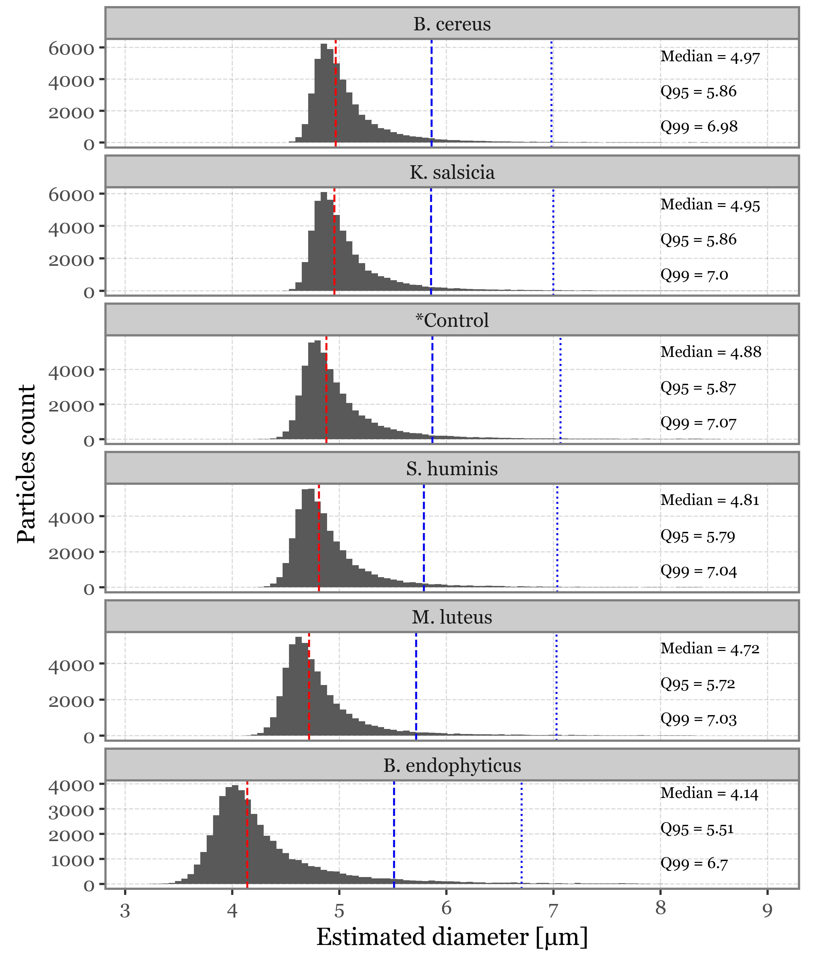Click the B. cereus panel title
[452, 24]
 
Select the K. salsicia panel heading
[452, 172]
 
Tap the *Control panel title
[452, 320]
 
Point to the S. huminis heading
[452, 468]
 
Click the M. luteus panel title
[452, 617]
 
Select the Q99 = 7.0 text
[694, 275]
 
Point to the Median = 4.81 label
[710, 500]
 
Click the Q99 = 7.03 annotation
[698, 719]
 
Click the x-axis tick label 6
[446, 908]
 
